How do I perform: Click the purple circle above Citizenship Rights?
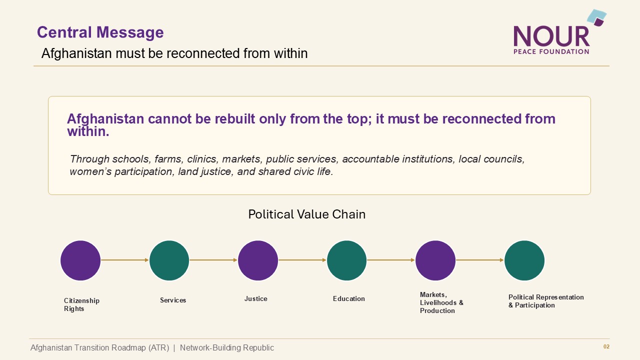point(80,260)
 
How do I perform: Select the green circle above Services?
point(169,260)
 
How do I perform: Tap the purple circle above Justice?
point(258,260)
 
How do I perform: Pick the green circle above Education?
point(346,260)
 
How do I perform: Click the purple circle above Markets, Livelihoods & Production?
point(435,260)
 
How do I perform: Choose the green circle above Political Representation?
point(524,260)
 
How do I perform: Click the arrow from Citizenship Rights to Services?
point(125,260)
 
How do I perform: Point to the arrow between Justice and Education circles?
point(302,260)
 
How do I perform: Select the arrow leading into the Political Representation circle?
point(480,260)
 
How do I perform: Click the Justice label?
point(255,298)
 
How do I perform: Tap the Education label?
point(349,298)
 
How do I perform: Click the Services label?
point(173,300)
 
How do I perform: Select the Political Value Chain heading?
point(307,214)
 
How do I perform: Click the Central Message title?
point(100,32)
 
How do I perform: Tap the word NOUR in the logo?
point(551,36)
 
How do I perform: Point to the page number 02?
point(606,346)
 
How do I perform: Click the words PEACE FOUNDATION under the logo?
point(551,51)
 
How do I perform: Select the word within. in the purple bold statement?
point(88,131)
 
